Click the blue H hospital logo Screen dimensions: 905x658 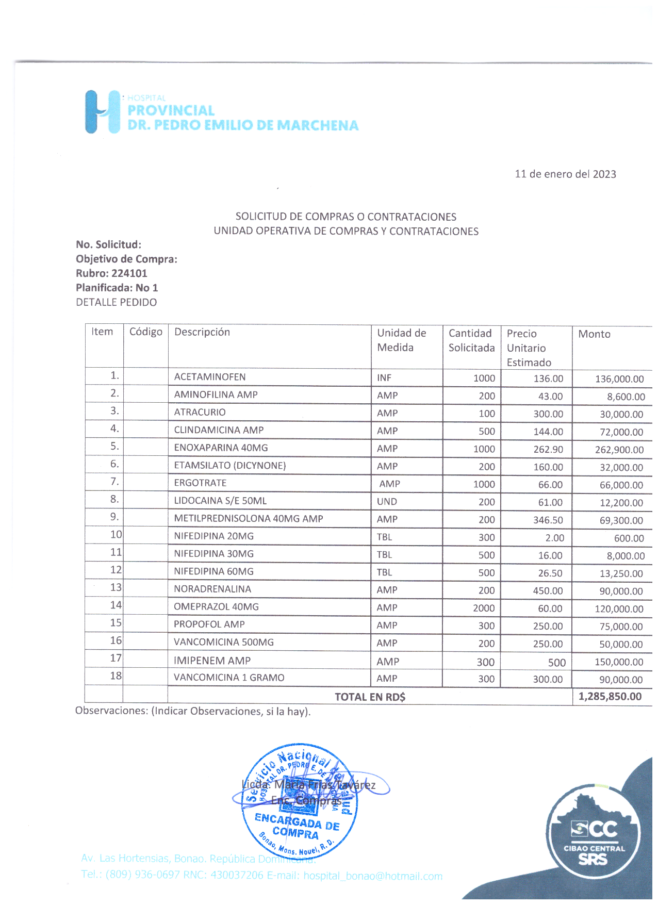point(102,112)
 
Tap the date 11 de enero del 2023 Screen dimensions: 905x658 point(565,174)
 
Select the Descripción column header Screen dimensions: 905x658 point(202,332)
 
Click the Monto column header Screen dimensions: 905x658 point(594,334)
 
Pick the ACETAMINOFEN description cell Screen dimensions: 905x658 point(210,377)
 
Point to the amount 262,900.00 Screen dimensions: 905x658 point(619,450)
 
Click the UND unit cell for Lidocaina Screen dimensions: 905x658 point(387,502)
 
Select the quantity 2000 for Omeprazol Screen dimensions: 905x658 point(484,608)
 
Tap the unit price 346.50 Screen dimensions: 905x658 point(548,520)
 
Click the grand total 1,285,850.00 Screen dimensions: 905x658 point(610,697)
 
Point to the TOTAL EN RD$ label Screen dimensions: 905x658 point(370,697)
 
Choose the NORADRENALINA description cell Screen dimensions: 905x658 point(212,589)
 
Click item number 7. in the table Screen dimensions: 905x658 point(114,482)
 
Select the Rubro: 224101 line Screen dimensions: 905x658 point(111,273)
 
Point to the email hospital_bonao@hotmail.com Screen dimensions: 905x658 point(373,876)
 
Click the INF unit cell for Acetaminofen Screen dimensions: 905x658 point(384,378)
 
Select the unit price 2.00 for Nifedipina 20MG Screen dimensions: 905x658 point(554,538)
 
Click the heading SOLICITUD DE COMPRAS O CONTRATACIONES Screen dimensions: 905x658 point(346,217)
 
